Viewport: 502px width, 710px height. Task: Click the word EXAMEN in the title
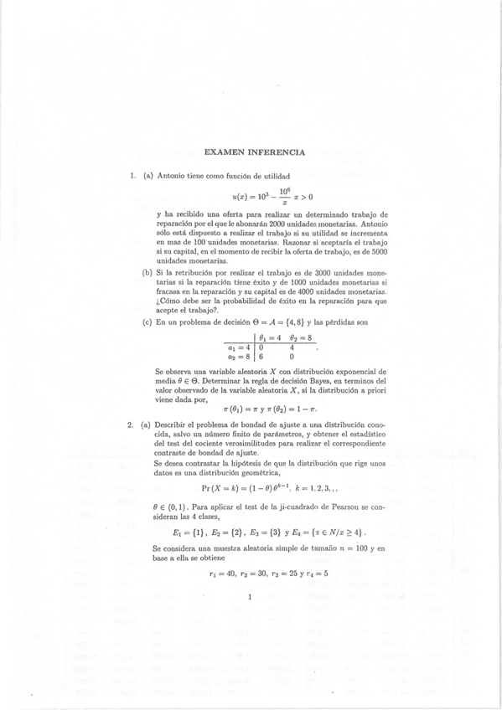pos(224,152)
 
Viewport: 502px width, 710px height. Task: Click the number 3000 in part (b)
pos(307,274)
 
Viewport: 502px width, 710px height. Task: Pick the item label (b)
pos(147,274)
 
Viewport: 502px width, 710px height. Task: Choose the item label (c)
pos(147,323)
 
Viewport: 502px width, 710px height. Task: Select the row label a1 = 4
pos(239,347)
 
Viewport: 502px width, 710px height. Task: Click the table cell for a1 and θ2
pos(291,347)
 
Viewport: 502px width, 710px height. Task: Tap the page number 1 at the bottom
pos(251,597)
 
